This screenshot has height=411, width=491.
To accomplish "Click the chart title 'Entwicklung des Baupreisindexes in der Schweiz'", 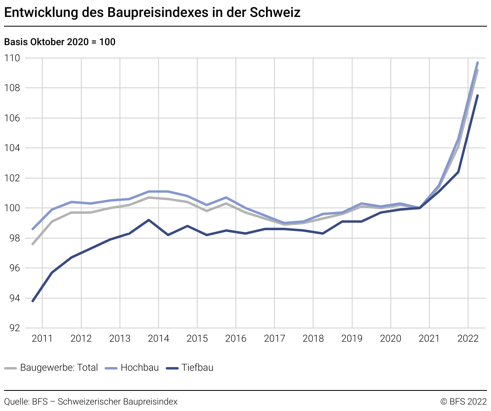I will tap(152, 12).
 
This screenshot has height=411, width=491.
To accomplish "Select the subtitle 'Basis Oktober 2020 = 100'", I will tap(60, 42).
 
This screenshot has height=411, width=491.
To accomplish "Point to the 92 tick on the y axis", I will tap(13, 328).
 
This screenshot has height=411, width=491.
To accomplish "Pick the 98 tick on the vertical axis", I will tap(13, 238).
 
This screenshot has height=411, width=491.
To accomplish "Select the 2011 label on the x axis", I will tap(42, 338).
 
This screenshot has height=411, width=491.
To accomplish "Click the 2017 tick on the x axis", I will tap(274, 338).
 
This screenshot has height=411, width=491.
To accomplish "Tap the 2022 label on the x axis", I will tap(468, 338).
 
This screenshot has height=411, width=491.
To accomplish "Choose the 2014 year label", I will tap(159, 338).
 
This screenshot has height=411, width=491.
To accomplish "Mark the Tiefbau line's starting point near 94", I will tap(33, 301).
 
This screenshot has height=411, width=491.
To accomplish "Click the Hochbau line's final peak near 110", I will tap(477, 62).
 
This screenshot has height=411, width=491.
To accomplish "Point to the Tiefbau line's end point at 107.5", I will tap(477, 95).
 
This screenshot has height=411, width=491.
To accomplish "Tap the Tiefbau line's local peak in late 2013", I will tap(149, 220).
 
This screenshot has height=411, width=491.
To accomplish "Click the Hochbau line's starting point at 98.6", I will tap(33, 229).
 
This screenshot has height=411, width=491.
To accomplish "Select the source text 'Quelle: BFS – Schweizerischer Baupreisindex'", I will tap(91, 402).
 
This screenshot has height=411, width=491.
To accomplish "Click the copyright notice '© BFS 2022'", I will tap(464, 402).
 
